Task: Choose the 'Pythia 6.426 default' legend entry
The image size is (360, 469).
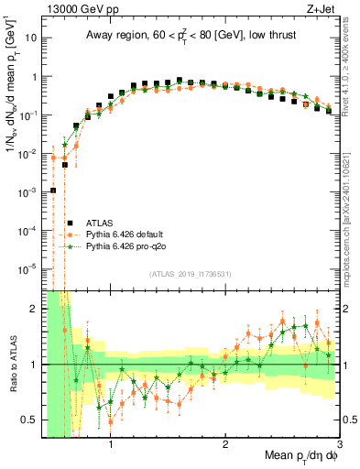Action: coord(129,234)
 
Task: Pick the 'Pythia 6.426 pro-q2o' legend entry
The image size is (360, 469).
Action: coord(129,246)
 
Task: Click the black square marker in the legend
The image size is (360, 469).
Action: coord(69,223)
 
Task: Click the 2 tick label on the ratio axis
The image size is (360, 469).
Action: coord(35,309)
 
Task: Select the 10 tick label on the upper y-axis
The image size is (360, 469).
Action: coord(31,38)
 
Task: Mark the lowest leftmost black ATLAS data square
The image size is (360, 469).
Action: coord(53,191)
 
